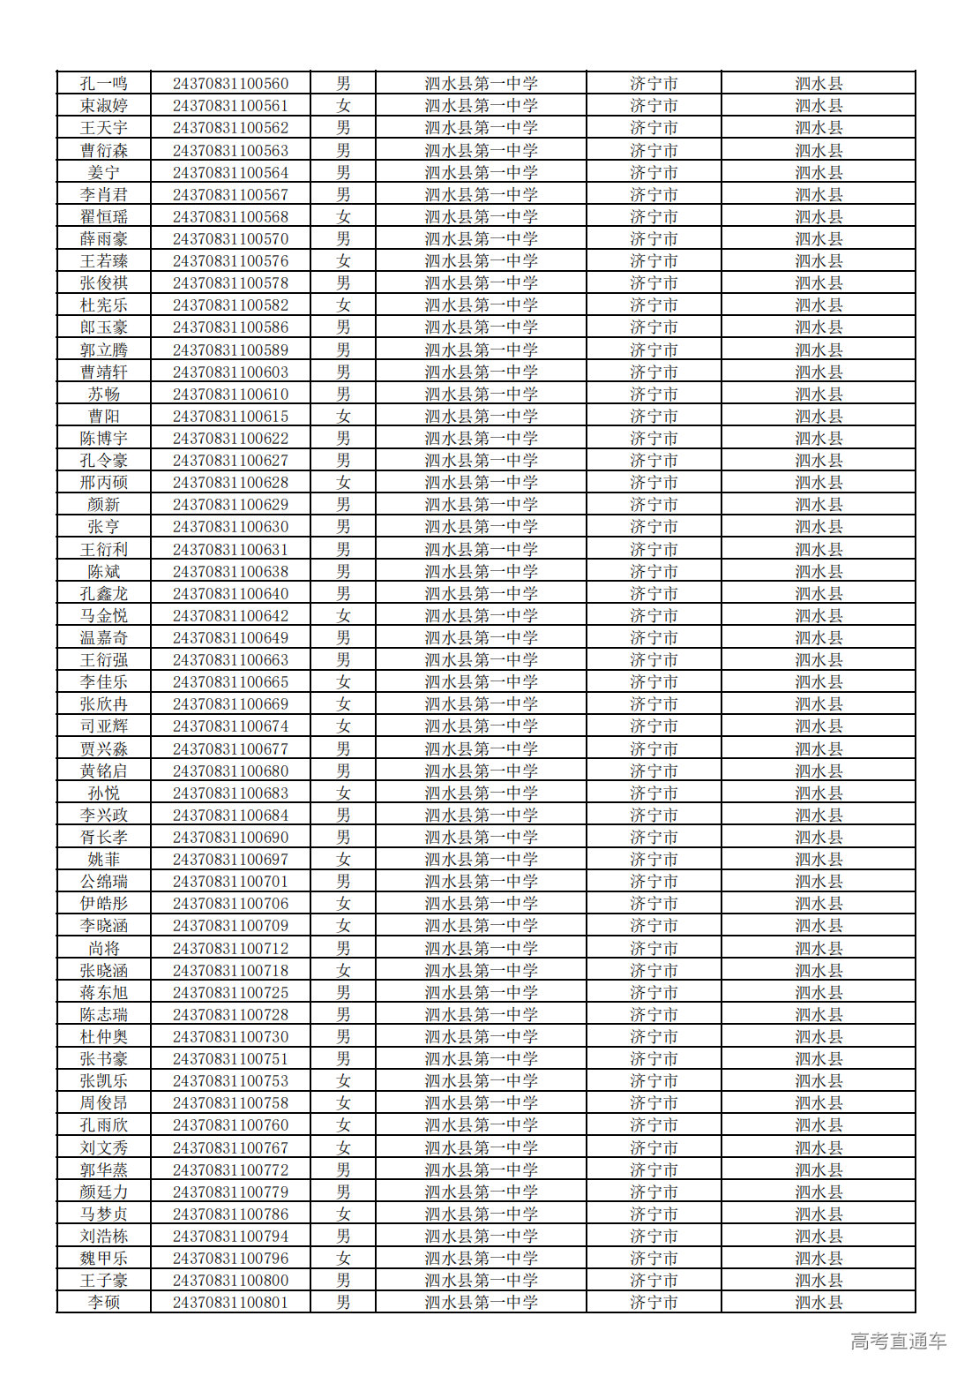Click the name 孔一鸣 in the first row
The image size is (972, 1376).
[x=104, y=84]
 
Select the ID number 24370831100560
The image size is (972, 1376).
[x=230, y=84]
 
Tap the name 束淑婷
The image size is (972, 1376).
[x=104, y=106]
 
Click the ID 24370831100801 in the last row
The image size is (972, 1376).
[x=230, y=1303]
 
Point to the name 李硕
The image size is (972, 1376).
[x=104, y=1303]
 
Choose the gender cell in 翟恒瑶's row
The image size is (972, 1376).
[x=343, y=217]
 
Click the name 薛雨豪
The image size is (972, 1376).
[x=104, y=239]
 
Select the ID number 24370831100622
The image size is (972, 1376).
[x=230, y=439]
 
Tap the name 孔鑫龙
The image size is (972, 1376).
[x=104, y=594]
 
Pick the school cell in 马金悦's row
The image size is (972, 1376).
[x=481, y=616]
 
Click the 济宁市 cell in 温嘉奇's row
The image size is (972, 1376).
[x=654, y=638]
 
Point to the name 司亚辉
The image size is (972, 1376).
[x=104, y=726]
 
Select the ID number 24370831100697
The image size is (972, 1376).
[x=230, y=860]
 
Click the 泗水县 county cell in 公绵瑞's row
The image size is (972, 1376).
[x=819, y=882]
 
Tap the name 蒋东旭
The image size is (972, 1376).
[x=104, y=993]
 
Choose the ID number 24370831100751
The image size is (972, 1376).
[x=230, y=1059]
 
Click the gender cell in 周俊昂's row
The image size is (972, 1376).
[x=343, y=1103]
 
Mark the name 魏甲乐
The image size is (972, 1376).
[x=104, y=1259]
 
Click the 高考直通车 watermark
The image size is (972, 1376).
[x=898, y=1342]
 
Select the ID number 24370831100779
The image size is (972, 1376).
[x=230, y=1192]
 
